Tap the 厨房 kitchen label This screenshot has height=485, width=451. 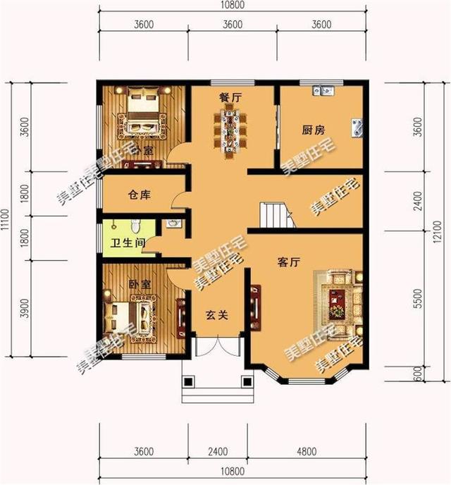point(314,130)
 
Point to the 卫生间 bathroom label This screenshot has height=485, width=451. point(126,242)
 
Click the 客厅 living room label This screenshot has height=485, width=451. point(288,262)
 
